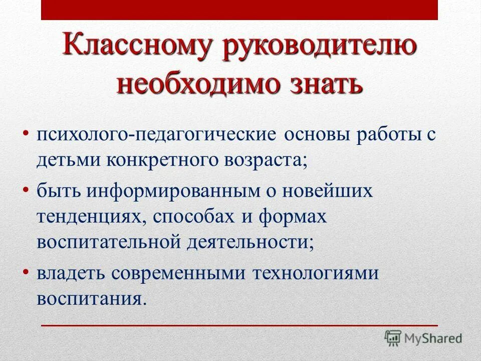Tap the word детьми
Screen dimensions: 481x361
(68, 161)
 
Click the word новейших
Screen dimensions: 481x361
(329, 192)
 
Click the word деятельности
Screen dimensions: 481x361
(251, 242)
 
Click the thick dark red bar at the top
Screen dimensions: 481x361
(239, 10)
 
